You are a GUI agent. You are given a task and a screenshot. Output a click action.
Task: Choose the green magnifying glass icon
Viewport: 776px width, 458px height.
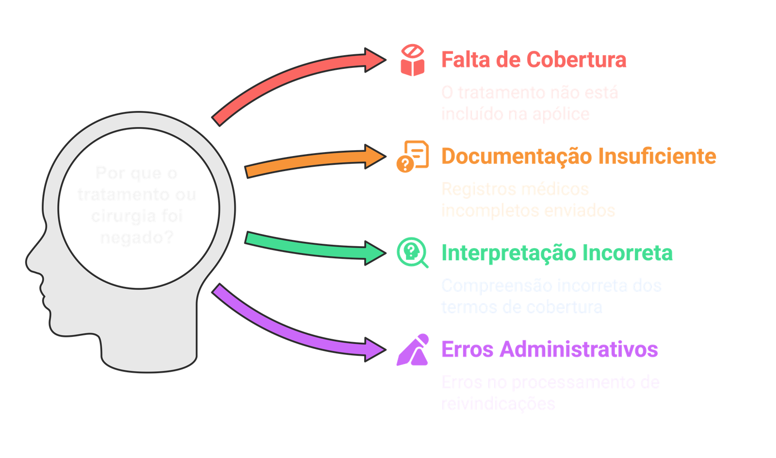point(413,253)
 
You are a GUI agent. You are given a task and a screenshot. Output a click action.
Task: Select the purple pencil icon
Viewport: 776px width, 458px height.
point(413,349)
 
